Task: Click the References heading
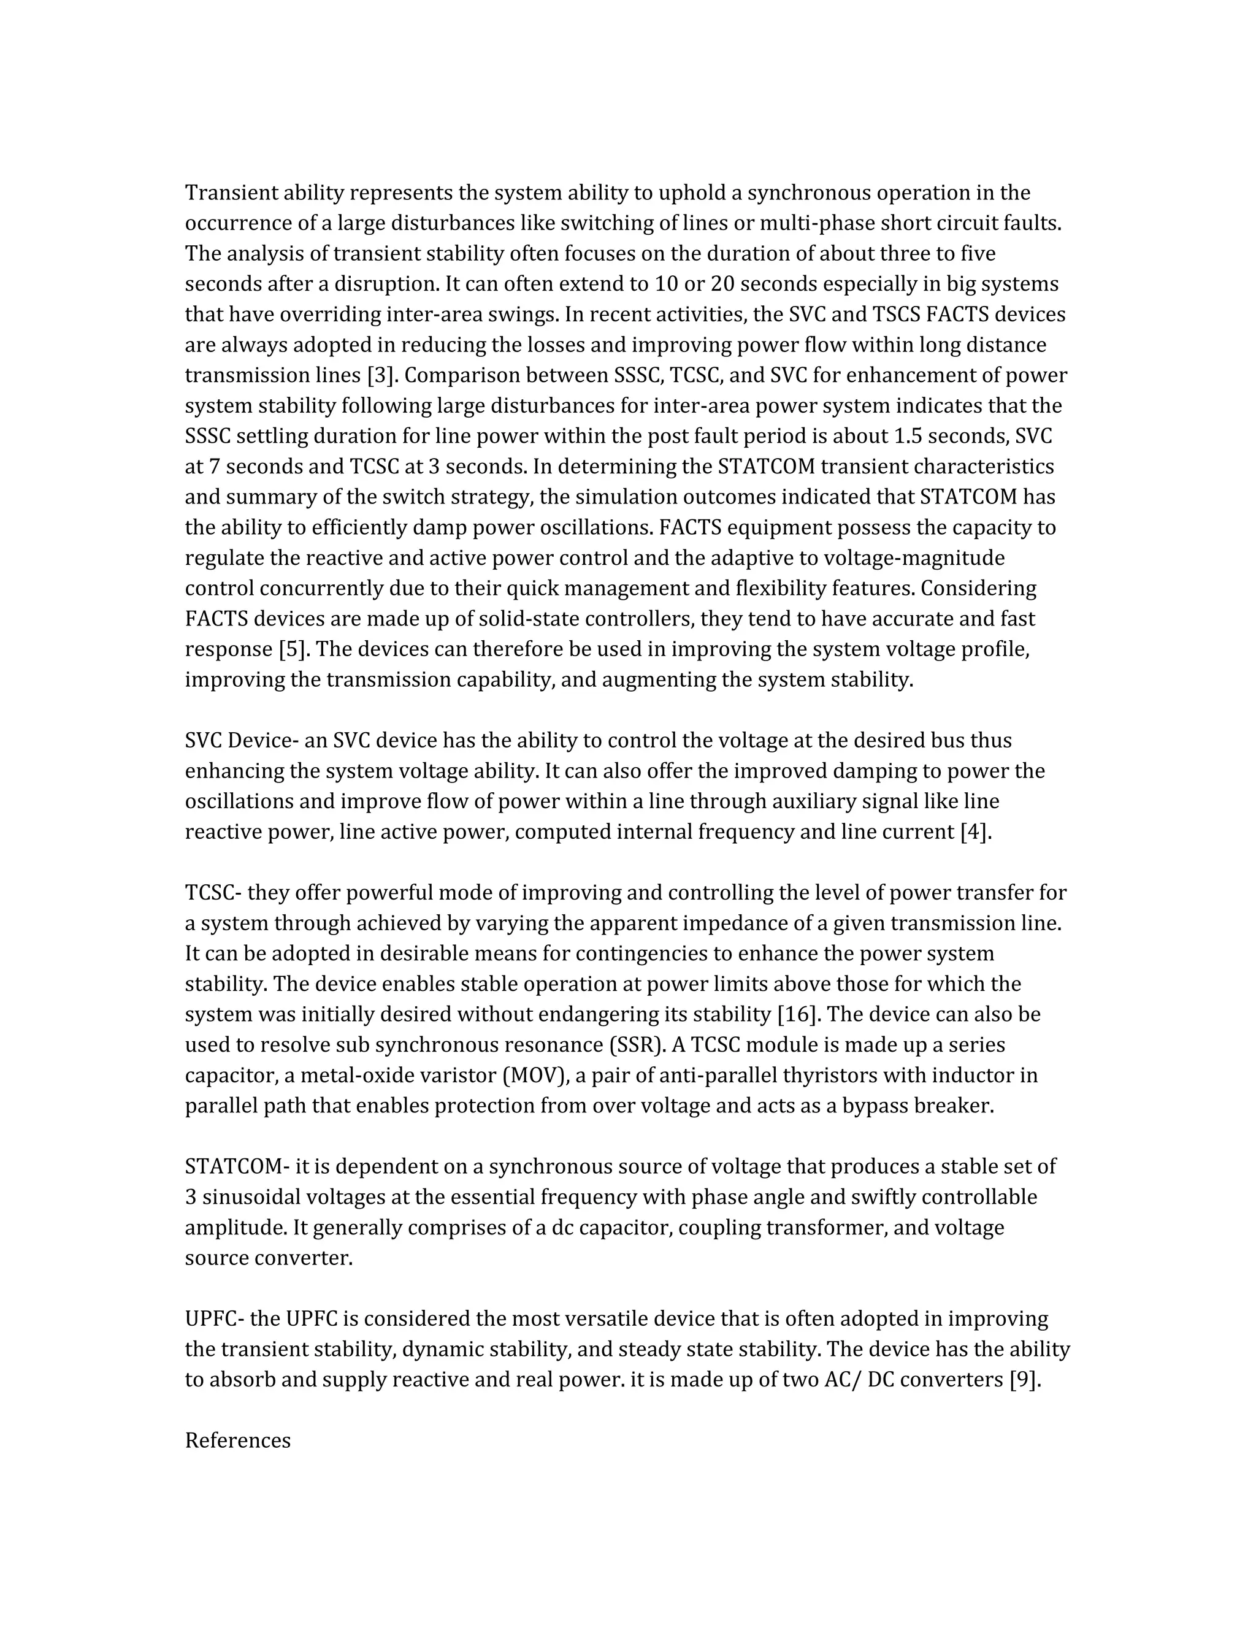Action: coord(237,1440)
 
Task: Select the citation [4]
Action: coord(976,831)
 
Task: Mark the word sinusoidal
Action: coord(251,1197)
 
